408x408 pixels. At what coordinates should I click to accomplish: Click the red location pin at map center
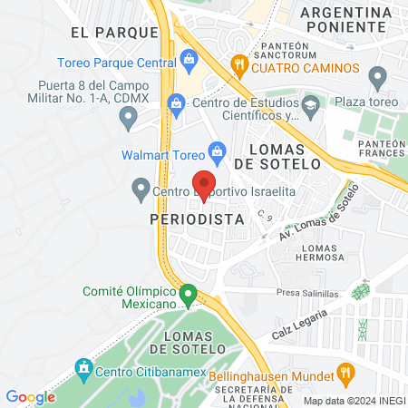click(x=204, y=183)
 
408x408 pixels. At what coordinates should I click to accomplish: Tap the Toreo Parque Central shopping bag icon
click(x=189, y=62)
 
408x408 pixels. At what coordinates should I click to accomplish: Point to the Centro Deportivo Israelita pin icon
click(x=141, y=189)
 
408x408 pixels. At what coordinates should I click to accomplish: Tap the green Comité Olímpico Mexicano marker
click(x=188, y=295)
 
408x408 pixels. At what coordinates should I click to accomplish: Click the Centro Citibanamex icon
click(x=83, y=368)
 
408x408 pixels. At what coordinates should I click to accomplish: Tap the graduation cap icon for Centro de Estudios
click(x=312, y=105)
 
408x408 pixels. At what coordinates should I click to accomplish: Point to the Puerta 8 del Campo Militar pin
click(x=130, y=115)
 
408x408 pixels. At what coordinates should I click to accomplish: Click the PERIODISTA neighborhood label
click(x=198, y=219)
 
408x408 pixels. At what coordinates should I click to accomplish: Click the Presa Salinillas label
click(x=308, y=294)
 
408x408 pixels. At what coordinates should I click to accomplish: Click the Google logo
click(x=30, y=396)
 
